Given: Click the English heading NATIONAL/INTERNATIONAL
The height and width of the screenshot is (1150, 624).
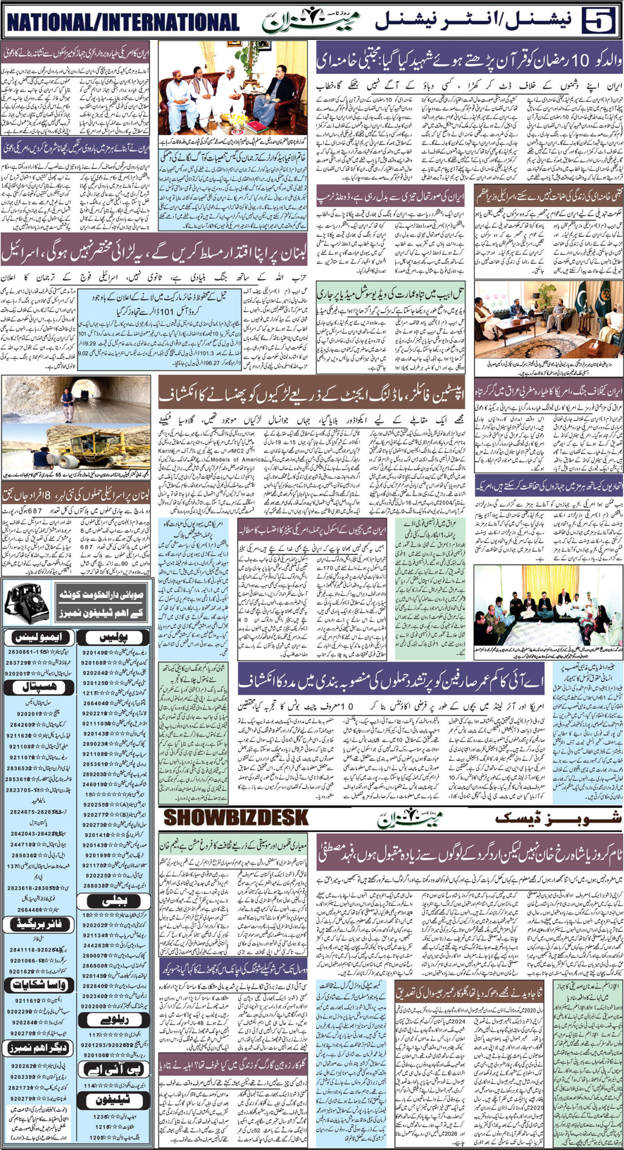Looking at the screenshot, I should (x=123, y=22).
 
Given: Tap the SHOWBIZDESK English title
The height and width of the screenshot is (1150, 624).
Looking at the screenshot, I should (x=236, y=818).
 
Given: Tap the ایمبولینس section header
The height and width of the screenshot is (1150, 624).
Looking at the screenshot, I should (x=39, y=637).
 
